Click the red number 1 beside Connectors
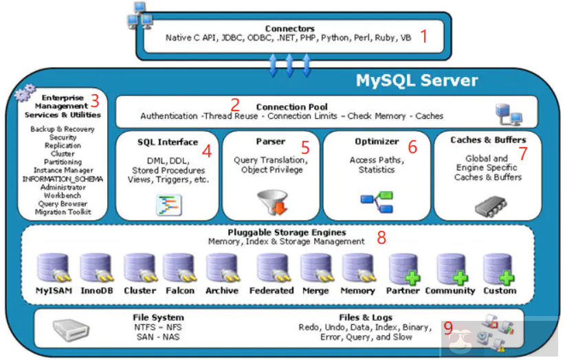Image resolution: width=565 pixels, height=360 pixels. click(x=425, y=36)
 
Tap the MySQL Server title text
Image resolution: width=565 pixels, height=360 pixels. click(x=417, y=80)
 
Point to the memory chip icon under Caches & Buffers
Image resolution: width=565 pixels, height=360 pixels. click(x=488, y=205)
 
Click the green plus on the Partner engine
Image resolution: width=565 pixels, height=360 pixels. click(x=412, y=278)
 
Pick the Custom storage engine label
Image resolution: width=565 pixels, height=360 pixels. click(x=500, y=291)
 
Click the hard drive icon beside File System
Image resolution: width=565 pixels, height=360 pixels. click(x=69, y=333)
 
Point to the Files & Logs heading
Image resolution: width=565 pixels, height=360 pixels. click(x=366, y=317)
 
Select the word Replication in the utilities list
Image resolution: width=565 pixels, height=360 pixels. click(x=63, y=146)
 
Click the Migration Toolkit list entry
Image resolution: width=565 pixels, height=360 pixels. click(x=63, y=212)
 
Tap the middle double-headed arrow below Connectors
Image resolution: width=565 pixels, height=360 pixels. click(x=289, y=65)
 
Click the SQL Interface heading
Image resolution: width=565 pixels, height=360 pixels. click(x=167, y=142)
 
